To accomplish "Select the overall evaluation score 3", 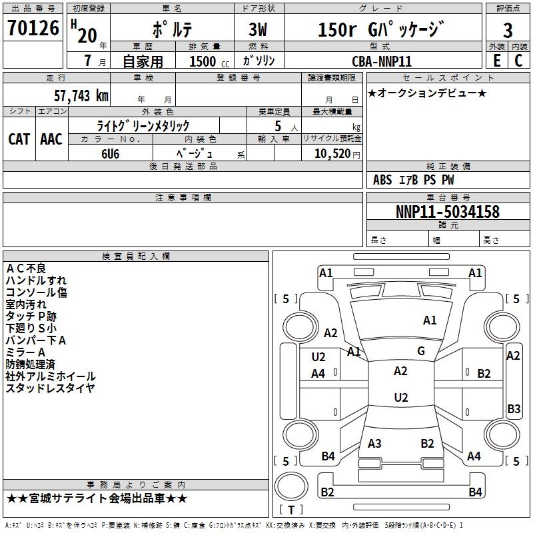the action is pos(508,30).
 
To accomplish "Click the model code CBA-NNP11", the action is pos(382,61).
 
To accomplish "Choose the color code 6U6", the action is pos(111,153).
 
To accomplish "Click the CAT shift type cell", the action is pos(19,139).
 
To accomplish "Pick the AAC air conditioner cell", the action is pos(51,139).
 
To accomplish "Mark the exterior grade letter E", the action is pos(496,61).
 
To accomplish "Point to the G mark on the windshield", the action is pos(420,350).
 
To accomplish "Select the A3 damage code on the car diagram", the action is pos(374,444).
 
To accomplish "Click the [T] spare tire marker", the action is pos(291,510).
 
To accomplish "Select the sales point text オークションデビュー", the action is pos(427,93).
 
